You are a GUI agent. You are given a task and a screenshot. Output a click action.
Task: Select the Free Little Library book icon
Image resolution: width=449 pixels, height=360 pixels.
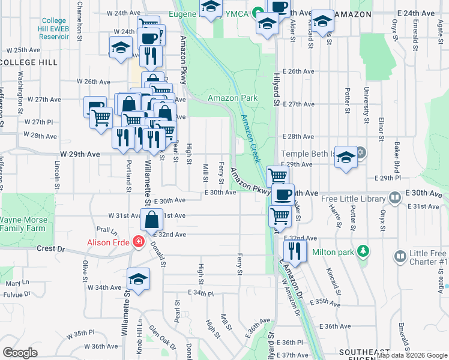[x=395, y=197]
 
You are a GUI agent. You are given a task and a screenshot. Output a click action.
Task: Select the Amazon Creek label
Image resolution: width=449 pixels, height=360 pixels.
[x=249, y=139]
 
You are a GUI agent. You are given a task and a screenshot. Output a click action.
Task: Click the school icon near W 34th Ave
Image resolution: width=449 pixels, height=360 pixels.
[x=138, y=279]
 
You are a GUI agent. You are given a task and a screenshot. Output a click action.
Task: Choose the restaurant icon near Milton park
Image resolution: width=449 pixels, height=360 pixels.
[x=295, y=248]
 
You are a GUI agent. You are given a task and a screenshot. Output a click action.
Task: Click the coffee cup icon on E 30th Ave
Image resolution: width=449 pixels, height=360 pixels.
[x=283, y=194]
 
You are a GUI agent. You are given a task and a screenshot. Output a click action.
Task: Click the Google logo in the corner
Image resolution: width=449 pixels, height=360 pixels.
[x=20, y=352]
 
